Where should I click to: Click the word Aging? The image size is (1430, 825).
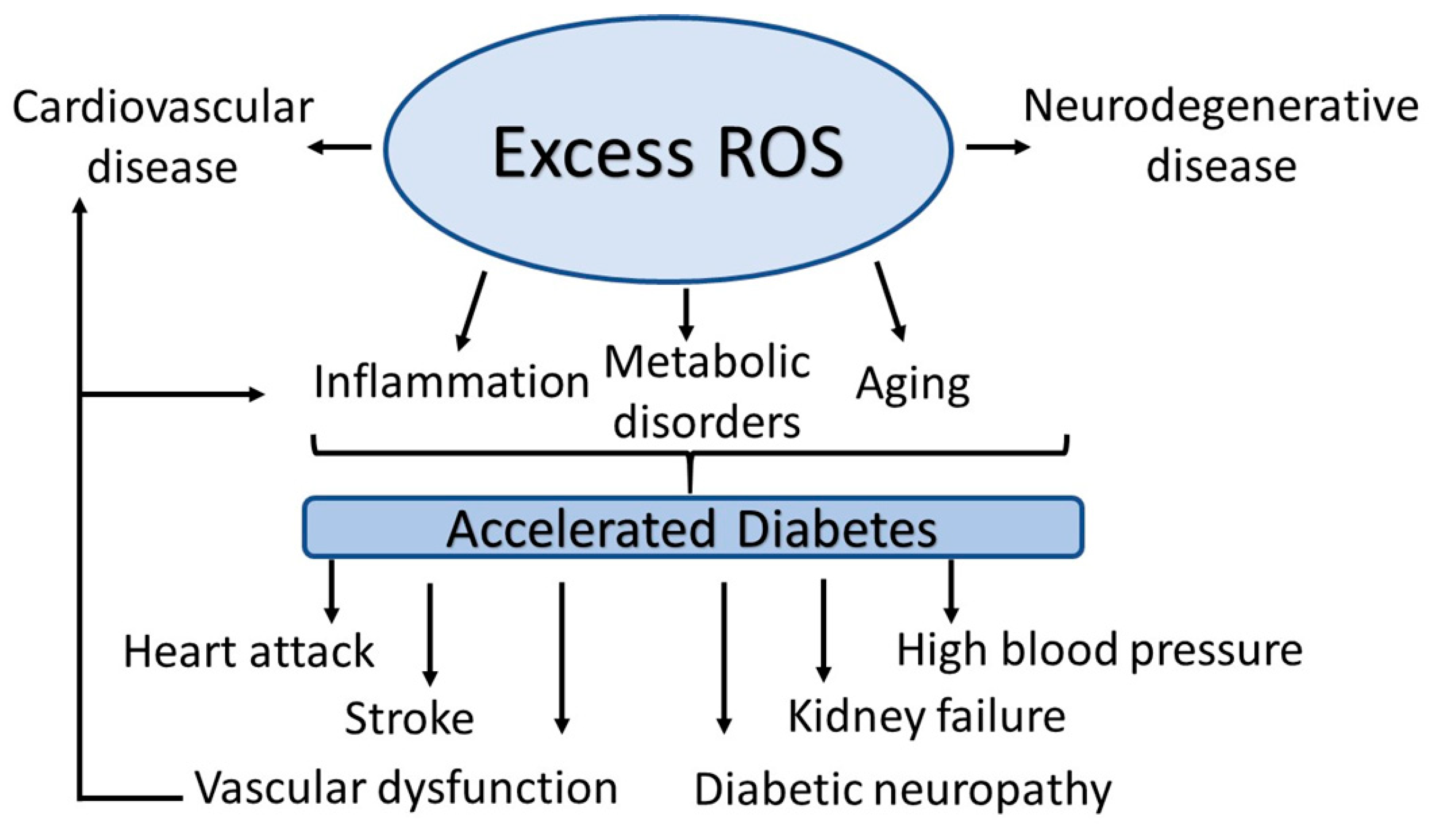(912, 386)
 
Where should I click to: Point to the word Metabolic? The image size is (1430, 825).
(707, 363)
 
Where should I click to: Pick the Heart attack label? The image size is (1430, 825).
(248, 651)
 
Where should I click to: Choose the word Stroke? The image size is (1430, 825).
(409, 719)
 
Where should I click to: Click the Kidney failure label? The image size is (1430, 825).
(927, 717)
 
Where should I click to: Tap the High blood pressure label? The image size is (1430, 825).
(1100, 650)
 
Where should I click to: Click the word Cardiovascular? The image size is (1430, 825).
(163, 108)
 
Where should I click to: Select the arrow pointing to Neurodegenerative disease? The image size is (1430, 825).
(997, 147)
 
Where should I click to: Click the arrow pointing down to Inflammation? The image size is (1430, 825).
(472, 310)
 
